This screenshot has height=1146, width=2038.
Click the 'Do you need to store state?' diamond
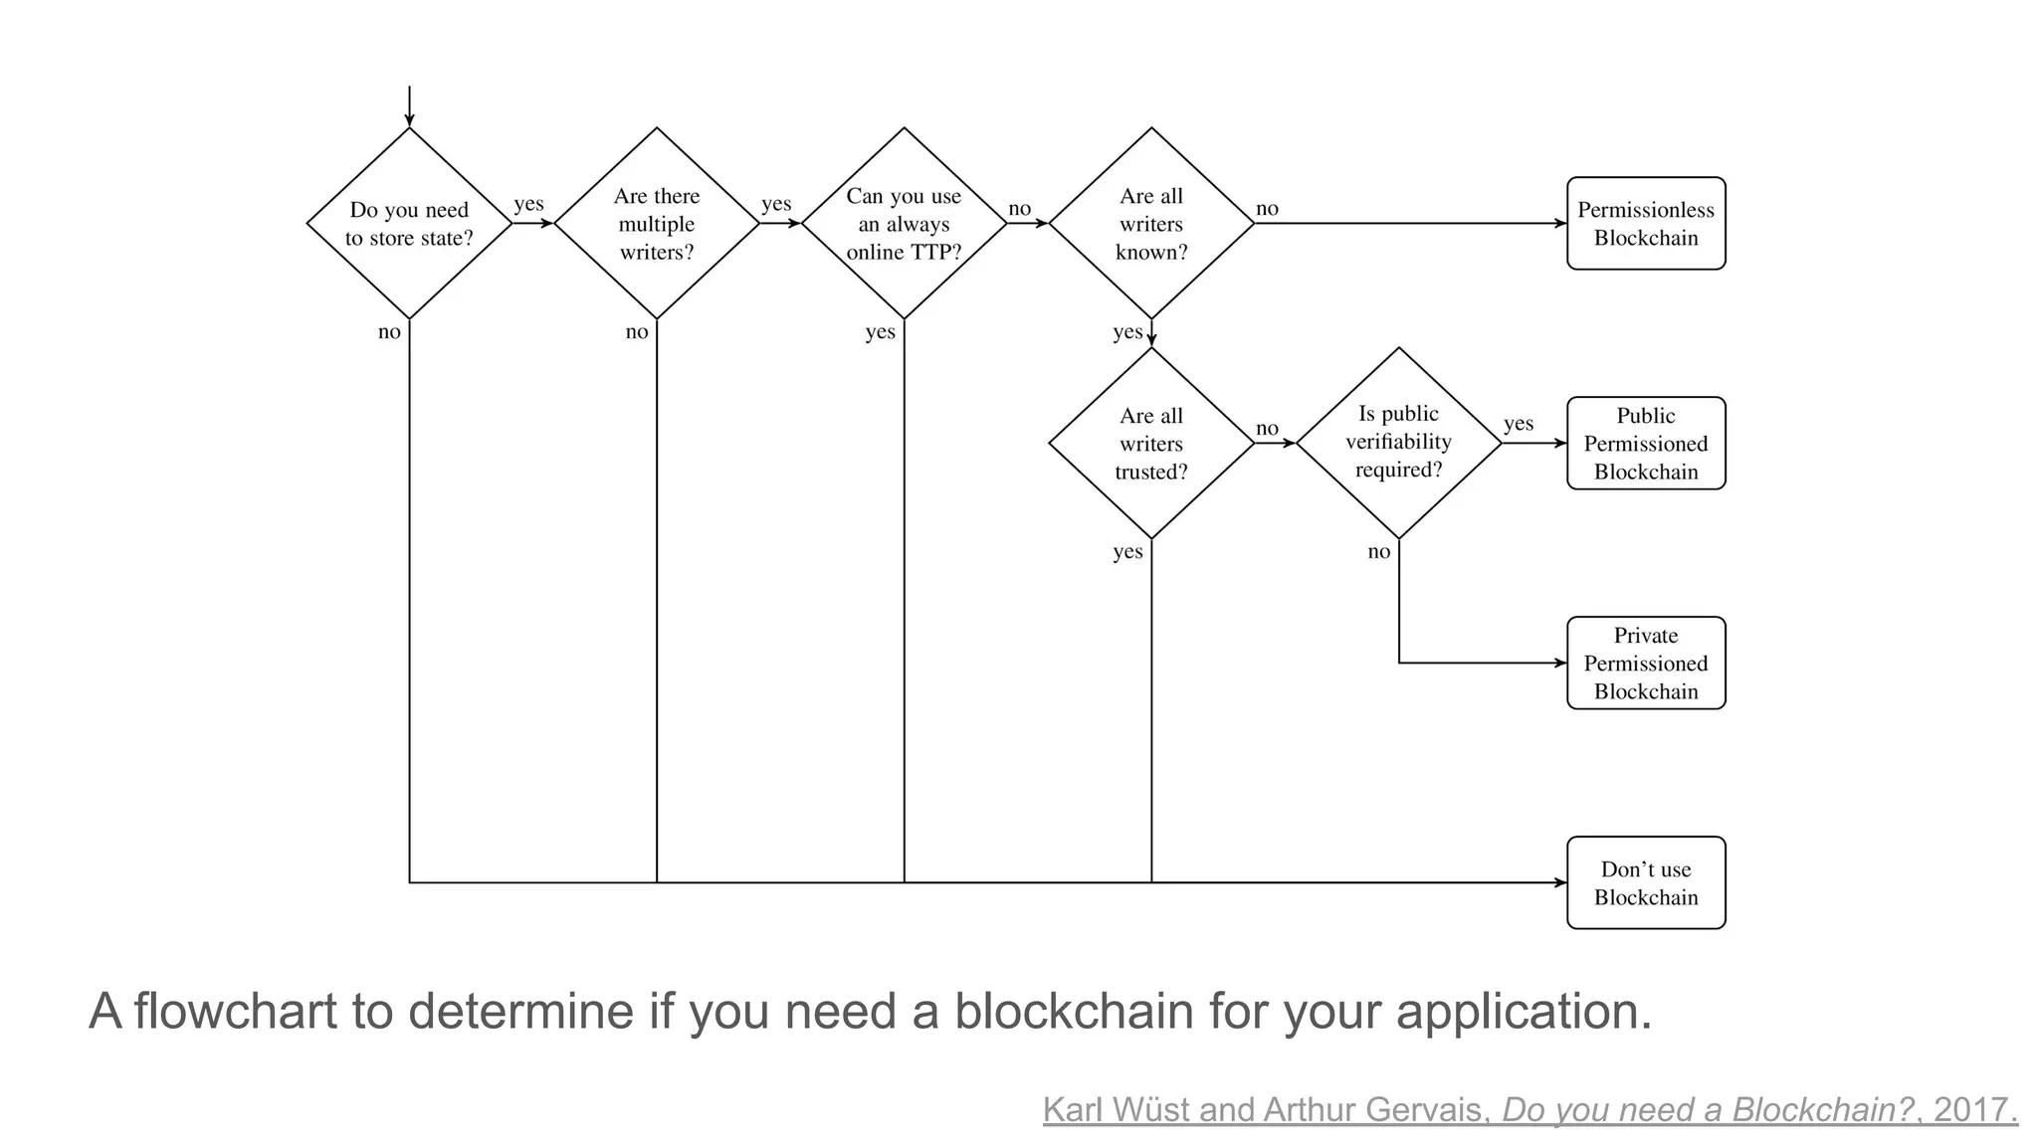(x=409, y=224)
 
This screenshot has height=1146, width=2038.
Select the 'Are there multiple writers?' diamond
(x=656, y=224)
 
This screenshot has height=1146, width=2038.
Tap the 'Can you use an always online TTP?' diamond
(x=904, y=224)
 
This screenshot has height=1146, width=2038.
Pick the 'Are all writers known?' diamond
(x=1151, y=224)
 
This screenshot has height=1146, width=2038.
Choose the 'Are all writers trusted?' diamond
(x=1151, y=444)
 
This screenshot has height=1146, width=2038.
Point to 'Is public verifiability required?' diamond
(x=1398, y=443)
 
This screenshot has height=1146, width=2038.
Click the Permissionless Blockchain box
(x=1646, y=224)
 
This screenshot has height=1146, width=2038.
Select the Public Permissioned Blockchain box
(x=1646, y=444)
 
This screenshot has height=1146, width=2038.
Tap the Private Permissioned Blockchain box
(x=1646, y=664)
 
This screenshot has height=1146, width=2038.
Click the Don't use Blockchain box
(x=1646, y=883)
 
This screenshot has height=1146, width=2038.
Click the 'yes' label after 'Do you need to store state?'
(x=528, y=204)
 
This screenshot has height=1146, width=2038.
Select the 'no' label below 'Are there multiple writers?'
(x=637, y=332)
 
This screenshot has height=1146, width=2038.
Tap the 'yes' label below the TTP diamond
(x=880, y=332)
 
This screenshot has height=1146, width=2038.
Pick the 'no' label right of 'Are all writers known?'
(x=1267, y=209)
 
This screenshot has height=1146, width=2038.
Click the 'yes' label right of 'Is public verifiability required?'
(x=1518, y=424)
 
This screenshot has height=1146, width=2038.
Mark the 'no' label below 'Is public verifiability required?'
(x=1378, y=552)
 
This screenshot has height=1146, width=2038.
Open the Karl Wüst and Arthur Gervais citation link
(x=1529, y=1110)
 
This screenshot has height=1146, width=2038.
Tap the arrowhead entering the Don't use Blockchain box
(x=1560, y=882)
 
